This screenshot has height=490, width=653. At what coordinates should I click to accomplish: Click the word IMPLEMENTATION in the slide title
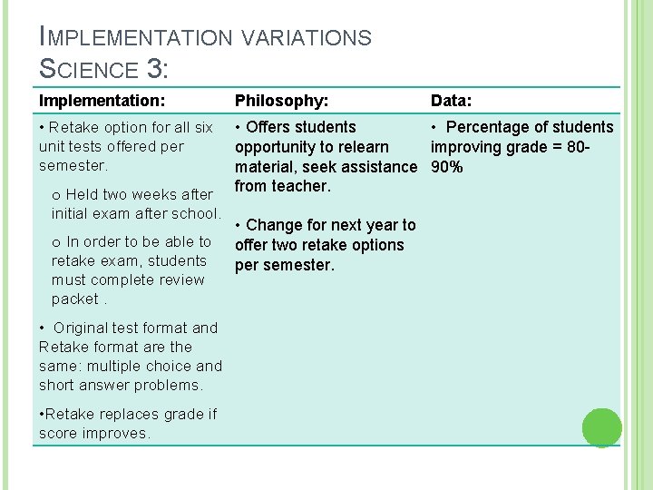(135, 37)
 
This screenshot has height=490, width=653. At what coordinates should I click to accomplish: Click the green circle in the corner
(602, 427)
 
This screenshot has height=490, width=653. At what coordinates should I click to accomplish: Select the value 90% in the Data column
(447, 167)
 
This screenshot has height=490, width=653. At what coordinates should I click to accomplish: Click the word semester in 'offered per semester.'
(73, 166)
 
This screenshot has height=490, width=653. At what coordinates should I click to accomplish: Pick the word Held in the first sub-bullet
(83, 194)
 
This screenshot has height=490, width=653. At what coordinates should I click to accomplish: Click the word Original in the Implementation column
(90, 328)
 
